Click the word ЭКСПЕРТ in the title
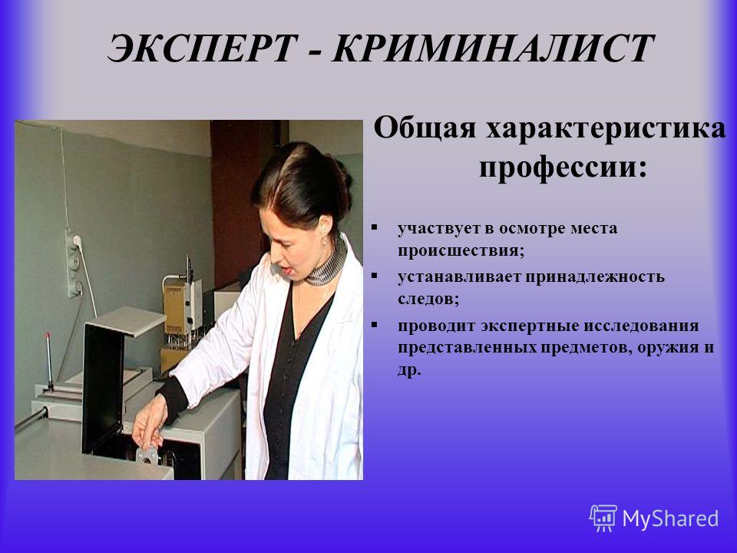pyautogui.click(x=202, y=48)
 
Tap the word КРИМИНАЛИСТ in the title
pyautogui.click(x=492, y=48)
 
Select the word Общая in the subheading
pyautogui.click(x=425, y=128)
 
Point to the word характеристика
pyautogui.click(x=606, y=129)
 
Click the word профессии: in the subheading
pyautogui.click(x=563, y=167)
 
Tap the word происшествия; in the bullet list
pyautogui.click(x=461, y=250)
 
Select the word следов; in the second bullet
pyautogui.click(x=428, y=299)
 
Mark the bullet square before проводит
pyautogui.click(x=374, y=324)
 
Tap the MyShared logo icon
pyautogui.click(x=603, y=518)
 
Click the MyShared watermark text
pyautogui.click(x=670, y=518)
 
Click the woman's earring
pyautogui.click(x=325, y=240)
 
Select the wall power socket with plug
pyautogui.click(x=74, y=264)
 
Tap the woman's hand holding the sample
pyautogui.click(x=150, y=425)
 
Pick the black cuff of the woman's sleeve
pyautogui.click(x=173, y=398)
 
